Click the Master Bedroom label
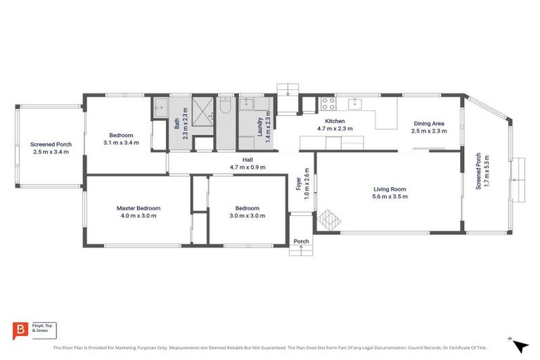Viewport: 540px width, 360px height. click(x=139, y=208)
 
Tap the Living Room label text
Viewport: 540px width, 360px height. click(x=390, y=188)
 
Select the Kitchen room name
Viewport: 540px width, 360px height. click(x=335, y=121)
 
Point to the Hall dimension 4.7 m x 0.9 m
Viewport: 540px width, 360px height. click(x=247, y=167)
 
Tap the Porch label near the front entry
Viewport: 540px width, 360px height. click(x=301, y=242)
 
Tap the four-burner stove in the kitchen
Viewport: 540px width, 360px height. click(x=328, y=104)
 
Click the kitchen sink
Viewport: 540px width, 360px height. click(x=356, y=105)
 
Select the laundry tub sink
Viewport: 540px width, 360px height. click(x=247, y=105)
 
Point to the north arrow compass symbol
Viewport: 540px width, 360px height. click(x=519, y=346)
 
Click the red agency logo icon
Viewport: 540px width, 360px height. click(x=20, y=330)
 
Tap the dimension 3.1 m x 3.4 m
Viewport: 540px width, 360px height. click(x=121, y=143)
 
